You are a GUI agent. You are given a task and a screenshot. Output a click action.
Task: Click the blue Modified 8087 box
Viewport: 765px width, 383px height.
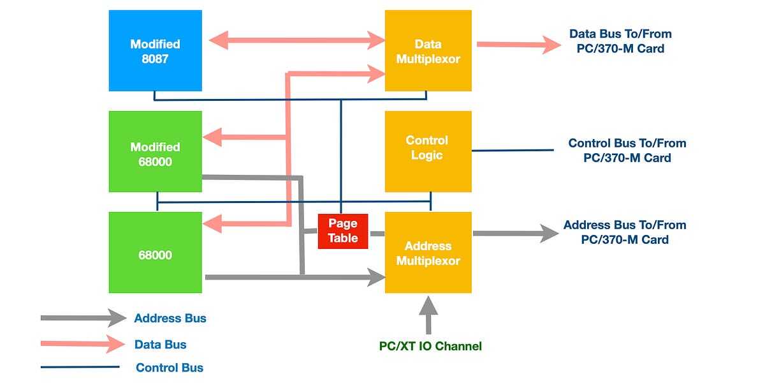[156, 50]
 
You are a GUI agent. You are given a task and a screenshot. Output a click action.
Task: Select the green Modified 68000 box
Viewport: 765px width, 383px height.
[156, 151]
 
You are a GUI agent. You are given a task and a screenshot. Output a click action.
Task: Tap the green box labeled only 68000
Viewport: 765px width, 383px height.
[156, 252]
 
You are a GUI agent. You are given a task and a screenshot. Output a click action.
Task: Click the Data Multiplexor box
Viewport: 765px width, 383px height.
[428, 50]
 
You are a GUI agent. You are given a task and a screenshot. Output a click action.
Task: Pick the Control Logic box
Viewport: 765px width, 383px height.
[428, 151]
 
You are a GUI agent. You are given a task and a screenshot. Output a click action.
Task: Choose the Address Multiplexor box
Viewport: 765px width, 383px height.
[428, 252]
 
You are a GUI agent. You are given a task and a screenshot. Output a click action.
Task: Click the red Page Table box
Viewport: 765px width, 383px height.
[343, 231]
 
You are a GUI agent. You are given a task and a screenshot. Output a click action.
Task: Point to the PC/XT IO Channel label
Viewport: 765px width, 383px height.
[430, 346]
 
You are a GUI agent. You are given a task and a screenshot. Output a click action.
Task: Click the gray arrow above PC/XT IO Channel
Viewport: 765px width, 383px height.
[428, 315]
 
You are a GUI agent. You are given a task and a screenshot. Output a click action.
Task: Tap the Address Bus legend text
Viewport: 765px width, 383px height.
[170, 318]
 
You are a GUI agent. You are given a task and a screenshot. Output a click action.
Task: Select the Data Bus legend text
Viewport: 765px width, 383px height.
[161, 344]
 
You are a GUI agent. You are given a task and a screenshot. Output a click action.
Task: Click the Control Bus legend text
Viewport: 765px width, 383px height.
[170, 368]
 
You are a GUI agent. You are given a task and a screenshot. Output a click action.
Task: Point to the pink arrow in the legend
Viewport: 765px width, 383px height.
[83, 343]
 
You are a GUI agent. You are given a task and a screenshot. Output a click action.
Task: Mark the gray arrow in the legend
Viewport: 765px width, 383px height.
[84, 318]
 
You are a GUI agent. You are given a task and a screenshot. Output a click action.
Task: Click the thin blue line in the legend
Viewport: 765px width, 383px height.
[80, 367]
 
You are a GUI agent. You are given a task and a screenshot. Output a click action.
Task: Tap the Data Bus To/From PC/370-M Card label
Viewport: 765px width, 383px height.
[620, 41]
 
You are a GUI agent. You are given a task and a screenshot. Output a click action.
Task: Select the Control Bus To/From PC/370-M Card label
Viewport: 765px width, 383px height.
[627, 151]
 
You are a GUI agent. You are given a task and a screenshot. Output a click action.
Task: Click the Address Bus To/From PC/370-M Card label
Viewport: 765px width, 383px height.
[625, 232]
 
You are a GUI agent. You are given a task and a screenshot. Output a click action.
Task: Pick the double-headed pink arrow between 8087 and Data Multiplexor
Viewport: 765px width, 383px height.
[297, 40]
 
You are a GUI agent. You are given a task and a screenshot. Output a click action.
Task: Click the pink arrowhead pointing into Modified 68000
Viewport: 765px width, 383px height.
[212, 137]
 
